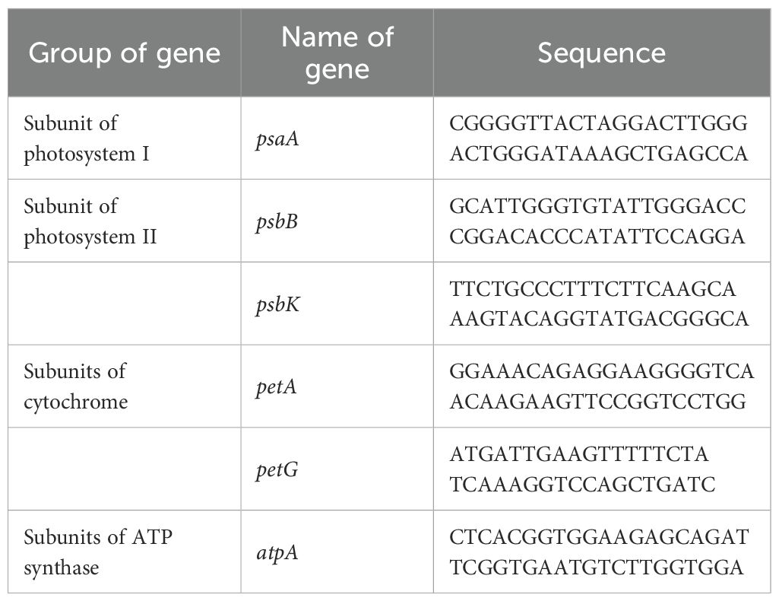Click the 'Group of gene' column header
[x=124, y=53]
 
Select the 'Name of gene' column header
[x=337, y=52]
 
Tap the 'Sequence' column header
[x=601, y=52]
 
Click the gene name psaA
[x=280, y=139]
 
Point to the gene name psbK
[x=280, y=304]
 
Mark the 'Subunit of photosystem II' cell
[x=90, y=221]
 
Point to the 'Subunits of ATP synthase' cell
[x=98, y=552]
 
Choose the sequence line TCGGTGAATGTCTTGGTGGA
[x=597, y=567]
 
